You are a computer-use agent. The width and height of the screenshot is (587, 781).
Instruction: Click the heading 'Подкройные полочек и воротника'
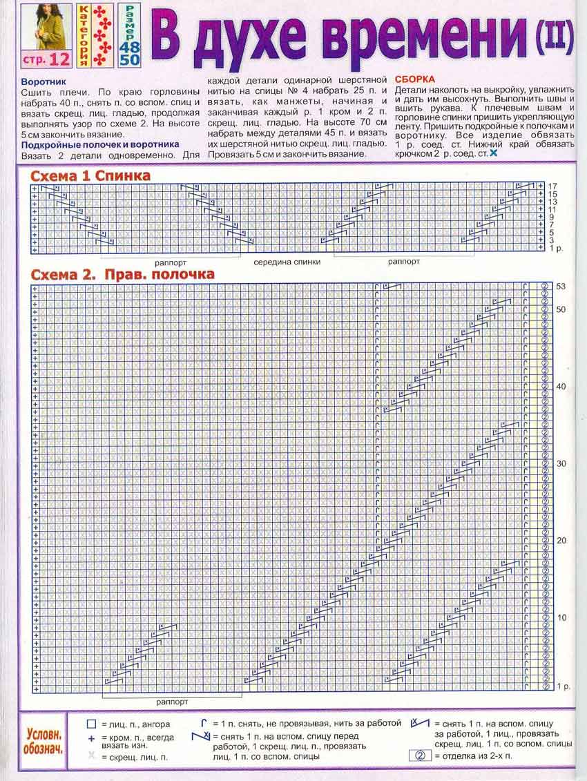coord(100,144)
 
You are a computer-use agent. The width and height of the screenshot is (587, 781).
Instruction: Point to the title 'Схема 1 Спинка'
coord(90,176)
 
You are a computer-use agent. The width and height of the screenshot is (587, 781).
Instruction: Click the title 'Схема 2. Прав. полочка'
coord(122,274)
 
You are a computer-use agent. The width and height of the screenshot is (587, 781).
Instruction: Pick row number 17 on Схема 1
coord(552,186)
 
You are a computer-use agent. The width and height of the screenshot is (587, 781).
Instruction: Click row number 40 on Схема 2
coord(561,386)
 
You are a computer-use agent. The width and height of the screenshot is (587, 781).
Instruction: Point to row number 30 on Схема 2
coord(561,463)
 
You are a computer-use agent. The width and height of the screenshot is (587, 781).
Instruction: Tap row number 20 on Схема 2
coord(561,541)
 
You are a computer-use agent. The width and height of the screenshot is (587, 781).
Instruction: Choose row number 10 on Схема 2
coord(561,617)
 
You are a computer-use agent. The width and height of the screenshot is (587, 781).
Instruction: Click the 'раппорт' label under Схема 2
coord(172,702)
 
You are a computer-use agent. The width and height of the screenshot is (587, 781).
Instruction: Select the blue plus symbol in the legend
coord(90,737)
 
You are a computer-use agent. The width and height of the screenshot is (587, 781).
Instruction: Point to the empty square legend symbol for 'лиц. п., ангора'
coord(90,724)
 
